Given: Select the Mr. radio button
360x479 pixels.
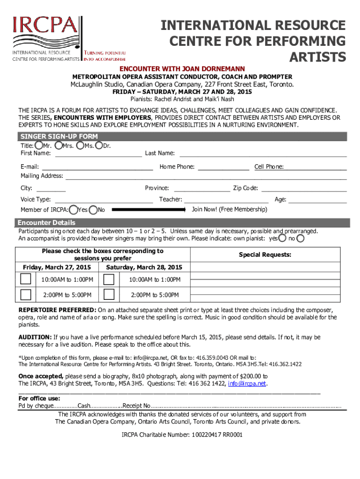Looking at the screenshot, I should [38, 145].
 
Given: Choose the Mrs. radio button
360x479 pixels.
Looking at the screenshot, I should [58, 145].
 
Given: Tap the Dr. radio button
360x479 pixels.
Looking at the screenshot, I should [99, 145].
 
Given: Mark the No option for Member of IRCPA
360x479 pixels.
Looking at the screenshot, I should [94, 210].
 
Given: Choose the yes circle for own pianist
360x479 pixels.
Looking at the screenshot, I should [282, 239].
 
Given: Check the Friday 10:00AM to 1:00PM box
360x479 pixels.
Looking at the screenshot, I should [26, 279].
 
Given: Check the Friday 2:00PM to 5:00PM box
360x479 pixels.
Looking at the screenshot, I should [26, 295].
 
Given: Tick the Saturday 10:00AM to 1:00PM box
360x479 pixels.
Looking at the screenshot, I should [109, 279].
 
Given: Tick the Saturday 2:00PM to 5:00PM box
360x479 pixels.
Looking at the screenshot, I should [109, 295].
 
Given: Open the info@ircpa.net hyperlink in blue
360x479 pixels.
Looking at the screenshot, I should [247, 384].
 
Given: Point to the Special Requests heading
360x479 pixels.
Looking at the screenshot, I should [265, 255].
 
